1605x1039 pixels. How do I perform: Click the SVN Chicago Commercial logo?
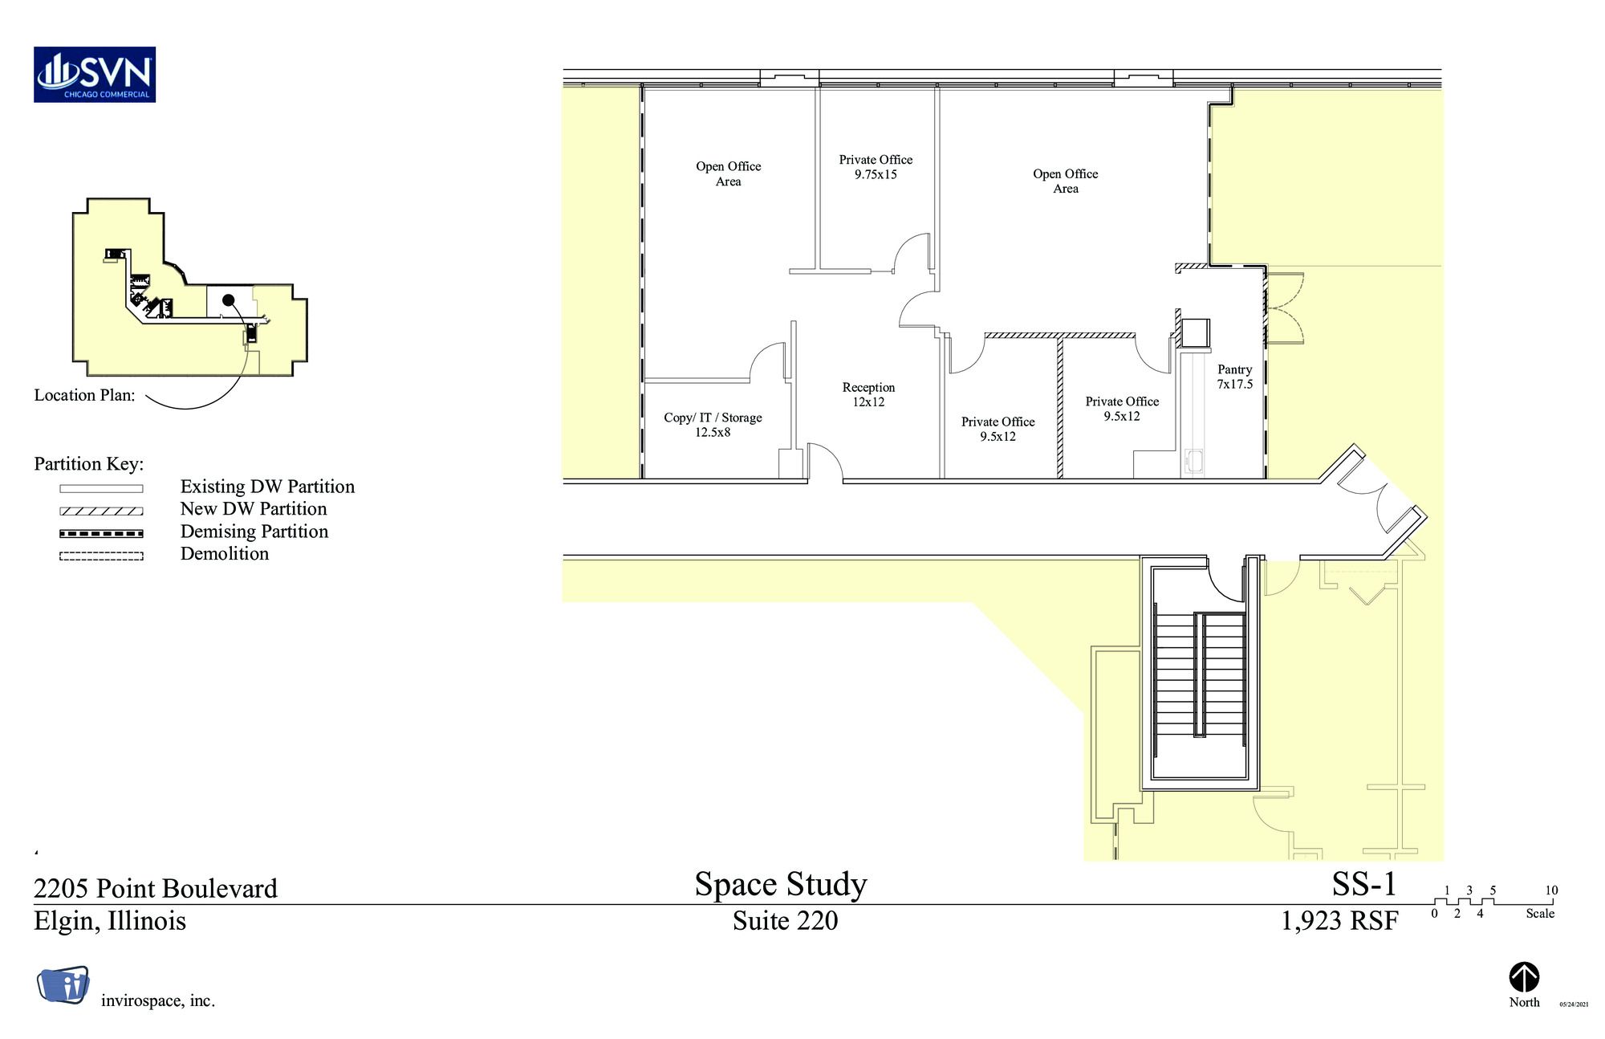(x=95, y=75)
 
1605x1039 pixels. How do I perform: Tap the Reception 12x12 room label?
(x=868, y=394)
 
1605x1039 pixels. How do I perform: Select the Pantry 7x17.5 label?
(x=1234, y=377)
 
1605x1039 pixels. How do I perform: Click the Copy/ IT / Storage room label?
(x=713, y=425)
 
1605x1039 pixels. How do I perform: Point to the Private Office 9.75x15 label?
(x=876, y=167)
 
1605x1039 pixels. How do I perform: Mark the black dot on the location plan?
(x=228, y=300)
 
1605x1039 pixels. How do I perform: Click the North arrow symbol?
(x=1524, y=977)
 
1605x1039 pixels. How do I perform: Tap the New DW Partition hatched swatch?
(x=101, y=511)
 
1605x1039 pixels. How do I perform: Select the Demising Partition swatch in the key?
(x=101, y=533)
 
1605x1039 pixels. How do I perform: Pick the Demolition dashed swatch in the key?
(x=101, y=556)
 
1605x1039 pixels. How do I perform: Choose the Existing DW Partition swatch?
(x=101, y=488)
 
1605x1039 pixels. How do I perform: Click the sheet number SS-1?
(x=1364, y=884)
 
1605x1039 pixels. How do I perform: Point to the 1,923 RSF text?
(x=1339, y=920)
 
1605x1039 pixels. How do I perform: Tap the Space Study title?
(x=781, y=885)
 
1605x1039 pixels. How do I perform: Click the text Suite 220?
(x=785, y=920)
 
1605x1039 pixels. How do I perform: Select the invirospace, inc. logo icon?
(x=63, y=984)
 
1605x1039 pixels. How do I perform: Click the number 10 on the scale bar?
(x=1551, y=890)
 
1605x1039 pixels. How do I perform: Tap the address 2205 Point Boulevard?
(x=156, y=888)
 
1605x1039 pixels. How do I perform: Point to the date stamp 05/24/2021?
(x=1574, y=1004)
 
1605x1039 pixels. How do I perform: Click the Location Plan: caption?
(x=84, y=395)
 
